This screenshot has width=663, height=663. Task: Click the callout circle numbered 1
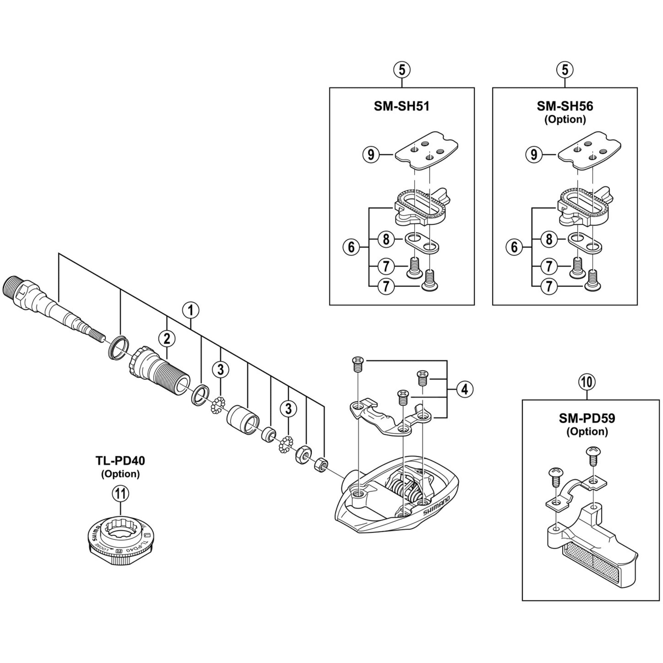click(x=191, y=311)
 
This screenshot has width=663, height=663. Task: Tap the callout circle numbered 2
click(x=167, y=339)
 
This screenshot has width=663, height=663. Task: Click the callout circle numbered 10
click(x=587, y=382)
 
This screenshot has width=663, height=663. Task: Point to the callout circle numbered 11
click(x=120, y=494)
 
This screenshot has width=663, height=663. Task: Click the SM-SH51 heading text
click(x=401, y=106)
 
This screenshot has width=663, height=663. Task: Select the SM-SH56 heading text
click(x=565, y=106)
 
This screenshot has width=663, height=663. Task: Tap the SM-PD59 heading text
click(x=587, y=418)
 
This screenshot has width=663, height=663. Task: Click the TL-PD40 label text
click(x=120, y=461)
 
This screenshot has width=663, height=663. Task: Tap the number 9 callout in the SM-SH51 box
click(x=371, y=155)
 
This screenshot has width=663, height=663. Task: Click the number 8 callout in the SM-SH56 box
click(x=549, y=239)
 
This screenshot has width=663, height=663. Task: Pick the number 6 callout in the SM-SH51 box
click(x=351, y=247)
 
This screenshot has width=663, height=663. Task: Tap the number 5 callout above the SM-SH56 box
click(x=565, y=70)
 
